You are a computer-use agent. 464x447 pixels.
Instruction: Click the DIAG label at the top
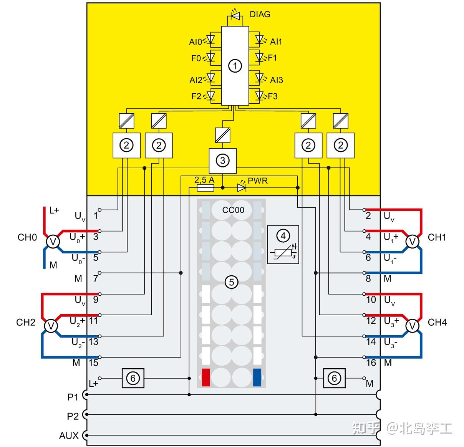pos(260,14)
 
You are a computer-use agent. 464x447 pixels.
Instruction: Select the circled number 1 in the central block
pos(235,66)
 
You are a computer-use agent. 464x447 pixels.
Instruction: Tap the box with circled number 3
pos(222,161)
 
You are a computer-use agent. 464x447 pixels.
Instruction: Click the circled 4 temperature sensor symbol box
pos(283,244)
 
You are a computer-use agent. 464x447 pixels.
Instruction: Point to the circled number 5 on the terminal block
pos(231,282)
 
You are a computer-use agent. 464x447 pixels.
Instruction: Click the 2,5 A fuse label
pos(204,180)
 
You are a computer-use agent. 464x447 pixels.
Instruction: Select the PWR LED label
pos(258,180)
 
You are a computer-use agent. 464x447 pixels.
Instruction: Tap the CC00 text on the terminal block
pos(233,210)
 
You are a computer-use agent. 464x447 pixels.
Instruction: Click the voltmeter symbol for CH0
pos(53,242)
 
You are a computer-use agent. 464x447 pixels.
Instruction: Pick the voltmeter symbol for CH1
pos(413,242)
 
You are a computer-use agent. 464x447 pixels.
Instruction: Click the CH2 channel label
pos(26,322)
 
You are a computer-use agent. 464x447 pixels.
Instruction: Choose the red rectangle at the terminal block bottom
pos(206,377)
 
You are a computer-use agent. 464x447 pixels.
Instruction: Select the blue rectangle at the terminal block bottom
pos(257,377)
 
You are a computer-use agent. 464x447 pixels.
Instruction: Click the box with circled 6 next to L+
pos(133,378)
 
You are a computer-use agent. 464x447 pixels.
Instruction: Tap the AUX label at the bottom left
pos(69,435)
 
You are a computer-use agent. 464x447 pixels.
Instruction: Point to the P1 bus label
pos(73,397)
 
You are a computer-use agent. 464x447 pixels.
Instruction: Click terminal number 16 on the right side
pos(371,363)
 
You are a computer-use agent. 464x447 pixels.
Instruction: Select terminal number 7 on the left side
pos(96,278)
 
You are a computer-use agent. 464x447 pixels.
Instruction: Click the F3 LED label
pos(272,96)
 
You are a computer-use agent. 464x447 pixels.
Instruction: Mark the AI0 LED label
pos(195,41)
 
